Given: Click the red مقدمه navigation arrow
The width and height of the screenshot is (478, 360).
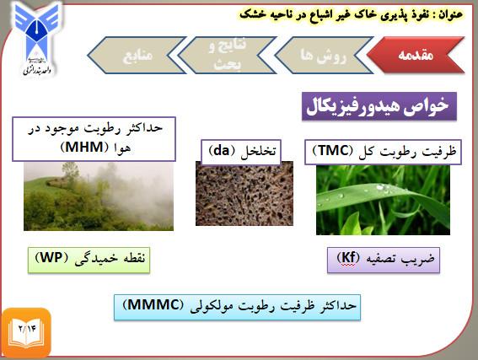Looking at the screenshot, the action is pos(416,55).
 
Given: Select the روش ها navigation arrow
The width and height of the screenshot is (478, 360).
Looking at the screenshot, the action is pos(324,55).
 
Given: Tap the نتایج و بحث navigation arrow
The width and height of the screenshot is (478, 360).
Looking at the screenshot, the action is pos(227,55).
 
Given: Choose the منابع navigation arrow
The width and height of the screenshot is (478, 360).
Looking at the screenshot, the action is pos(137,55).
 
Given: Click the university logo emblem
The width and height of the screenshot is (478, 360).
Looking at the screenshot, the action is pos(36,38).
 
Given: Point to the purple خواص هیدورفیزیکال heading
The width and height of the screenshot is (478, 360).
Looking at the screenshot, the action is pos(379,106).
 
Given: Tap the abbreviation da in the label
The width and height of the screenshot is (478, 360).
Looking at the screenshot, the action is pos(222,151).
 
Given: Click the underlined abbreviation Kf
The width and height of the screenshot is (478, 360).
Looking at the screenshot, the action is pos(348,258).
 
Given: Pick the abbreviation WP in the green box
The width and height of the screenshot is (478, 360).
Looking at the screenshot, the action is pos(51,258).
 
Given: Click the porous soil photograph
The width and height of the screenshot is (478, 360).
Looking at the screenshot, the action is pos(244,194).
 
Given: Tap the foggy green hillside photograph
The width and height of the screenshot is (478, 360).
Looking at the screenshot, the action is pos(99,196).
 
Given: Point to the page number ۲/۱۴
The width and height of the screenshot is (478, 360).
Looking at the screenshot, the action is pos(28,329).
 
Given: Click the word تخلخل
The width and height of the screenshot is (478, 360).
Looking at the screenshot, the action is pos(258,152).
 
